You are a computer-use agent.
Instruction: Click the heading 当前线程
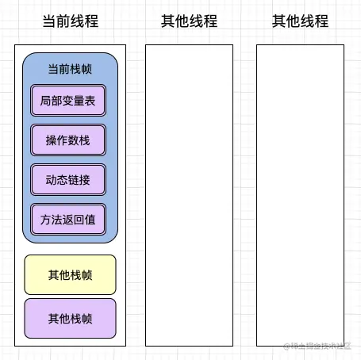(70, 21)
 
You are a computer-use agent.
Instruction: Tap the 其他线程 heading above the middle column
(188, 21)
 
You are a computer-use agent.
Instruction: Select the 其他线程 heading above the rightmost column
(300, 21)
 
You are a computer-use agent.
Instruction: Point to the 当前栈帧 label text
(70, 69)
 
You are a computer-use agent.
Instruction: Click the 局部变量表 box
(67, 101)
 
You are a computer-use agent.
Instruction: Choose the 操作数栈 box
(67, 140)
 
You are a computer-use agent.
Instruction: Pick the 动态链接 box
(67, 179)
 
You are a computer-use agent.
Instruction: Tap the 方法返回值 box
(67, 219)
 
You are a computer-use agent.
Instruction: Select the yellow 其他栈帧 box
(70, 275)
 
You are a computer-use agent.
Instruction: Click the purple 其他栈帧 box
(70, 319)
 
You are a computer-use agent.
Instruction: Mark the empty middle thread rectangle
(189, 195)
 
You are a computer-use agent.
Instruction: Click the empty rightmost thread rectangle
(300, 195)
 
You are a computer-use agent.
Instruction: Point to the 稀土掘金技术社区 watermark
(317, 346)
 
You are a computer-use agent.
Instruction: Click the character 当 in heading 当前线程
(49, 21)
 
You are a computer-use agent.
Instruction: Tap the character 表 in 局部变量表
(90, 101)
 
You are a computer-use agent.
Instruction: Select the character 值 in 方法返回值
(90, 219)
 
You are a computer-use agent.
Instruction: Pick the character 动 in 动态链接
(51, 179)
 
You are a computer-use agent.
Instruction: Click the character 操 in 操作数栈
(51, 140)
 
